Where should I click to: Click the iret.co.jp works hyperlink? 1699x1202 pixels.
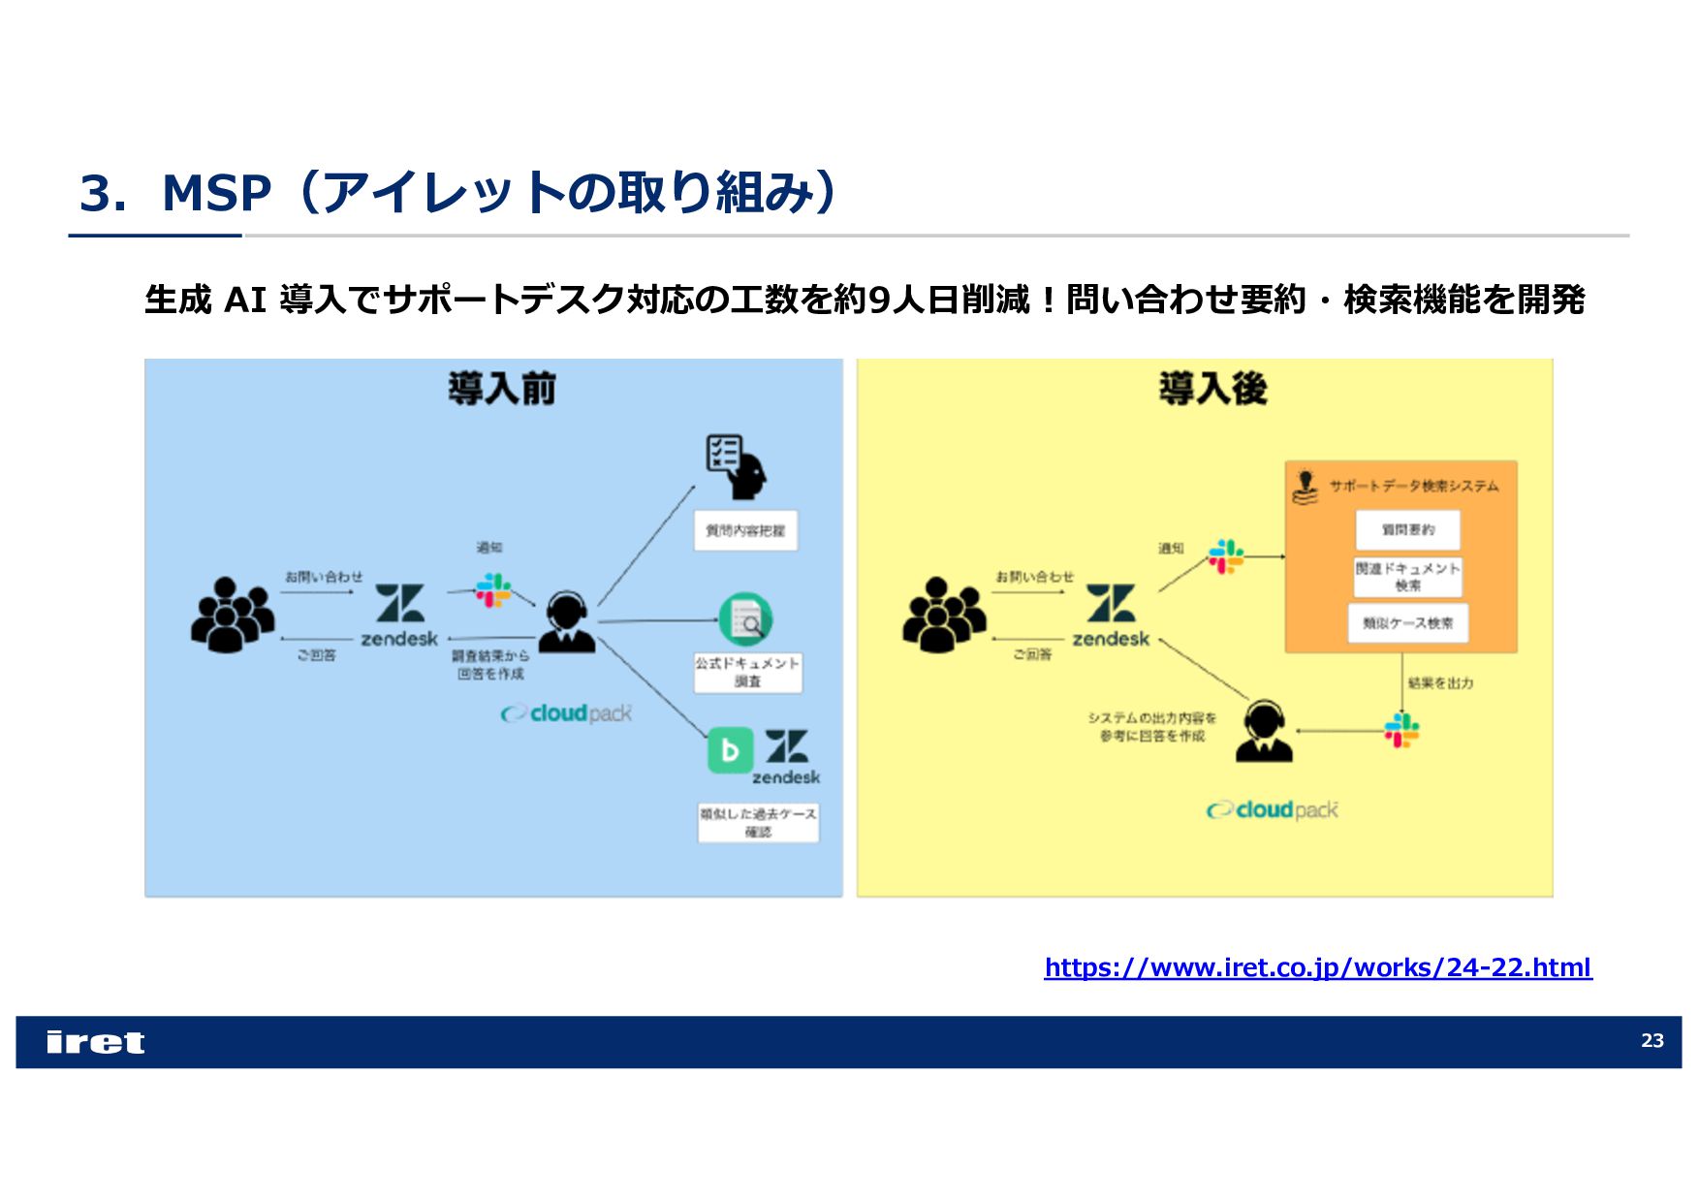[x=1317, y=967]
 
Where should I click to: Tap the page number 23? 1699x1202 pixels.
[x=1652, y=1041]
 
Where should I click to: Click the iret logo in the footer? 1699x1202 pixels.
[x=95, y=1042]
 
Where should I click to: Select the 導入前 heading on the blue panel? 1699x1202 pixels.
[x=502, y=389]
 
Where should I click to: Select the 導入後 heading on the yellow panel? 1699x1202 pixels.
[x=1212, y=389]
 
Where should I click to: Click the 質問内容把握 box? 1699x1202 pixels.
[x=745, y=531]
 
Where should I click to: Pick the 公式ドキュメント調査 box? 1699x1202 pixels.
[x=747, y=672]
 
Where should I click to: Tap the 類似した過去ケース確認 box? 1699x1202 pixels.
[x=758, y=822]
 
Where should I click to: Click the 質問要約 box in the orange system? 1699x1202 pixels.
[x=1407, y=530]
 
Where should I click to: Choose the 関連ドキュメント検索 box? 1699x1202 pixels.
[x=1407, y=577]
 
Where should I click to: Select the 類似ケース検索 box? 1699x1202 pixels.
[x=1407, y=623]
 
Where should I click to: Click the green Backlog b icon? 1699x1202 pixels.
[x=730, y=750]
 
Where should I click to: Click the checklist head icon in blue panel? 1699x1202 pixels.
[x=736, y=466]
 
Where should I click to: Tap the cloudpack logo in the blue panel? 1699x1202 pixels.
[x=567, y=713]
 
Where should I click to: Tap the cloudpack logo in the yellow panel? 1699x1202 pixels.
[x=1273, y=809]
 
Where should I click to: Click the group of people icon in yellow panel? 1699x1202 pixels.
[x=943, y=615]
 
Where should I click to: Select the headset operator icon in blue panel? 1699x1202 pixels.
[x=567, y=621]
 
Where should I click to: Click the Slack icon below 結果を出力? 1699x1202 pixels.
[x=1401, y=730]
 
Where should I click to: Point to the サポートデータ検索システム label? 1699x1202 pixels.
[x=1413, y=486]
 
